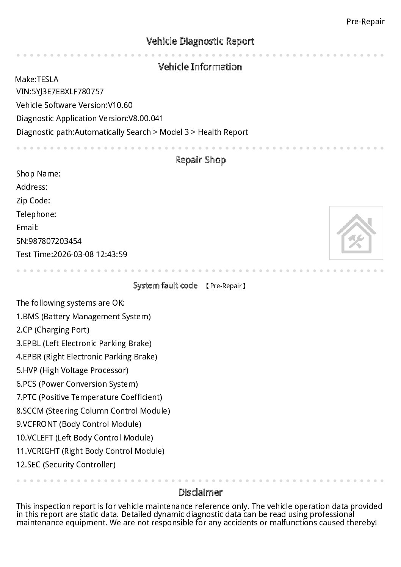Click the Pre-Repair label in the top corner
(365, 22)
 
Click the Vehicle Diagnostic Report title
(200, 41)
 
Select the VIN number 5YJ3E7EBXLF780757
(67, 92)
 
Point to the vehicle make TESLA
(47, 80)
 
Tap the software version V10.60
(120, 105)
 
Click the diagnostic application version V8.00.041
(146, 119)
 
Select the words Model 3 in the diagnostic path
(174, 132)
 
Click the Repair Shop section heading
(200, 160)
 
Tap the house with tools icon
(356, 233)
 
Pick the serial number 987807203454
(55, 241)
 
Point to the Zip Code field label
(33, 201)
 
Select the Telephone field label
(36, 214)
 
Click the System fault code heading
(165, 286)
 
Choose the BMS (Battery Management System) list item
(83, 317)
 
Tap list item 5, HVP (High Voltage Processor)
(72, 370)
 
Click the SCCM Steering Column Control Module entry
(93, 411)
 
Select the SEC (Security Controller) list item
(66, 465)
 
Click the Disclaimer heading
(200, 492)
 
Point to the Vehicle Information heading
(200, 67)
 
